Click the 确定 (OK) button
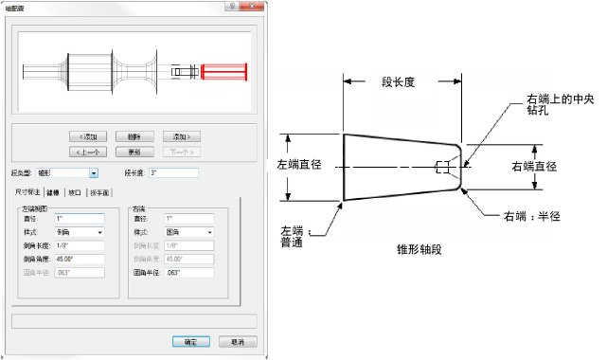tap(190, 341)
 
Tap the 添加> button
tap(179, 136)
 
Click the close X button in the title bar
tap(247, 6)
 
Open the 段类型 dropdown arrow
tap(94, 173)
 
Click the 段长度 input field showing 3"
tap(172, 173)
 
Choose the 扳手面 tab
tap(99, 192)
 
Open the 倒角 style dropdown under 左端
tap(99, 232)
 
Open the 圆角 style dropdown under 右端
tap(208, 232)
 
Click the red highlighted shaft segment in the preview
tap(223, 71)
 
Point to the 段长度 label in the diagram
tap(398, 82)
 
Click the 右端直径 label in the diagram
tap(535, 166)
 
